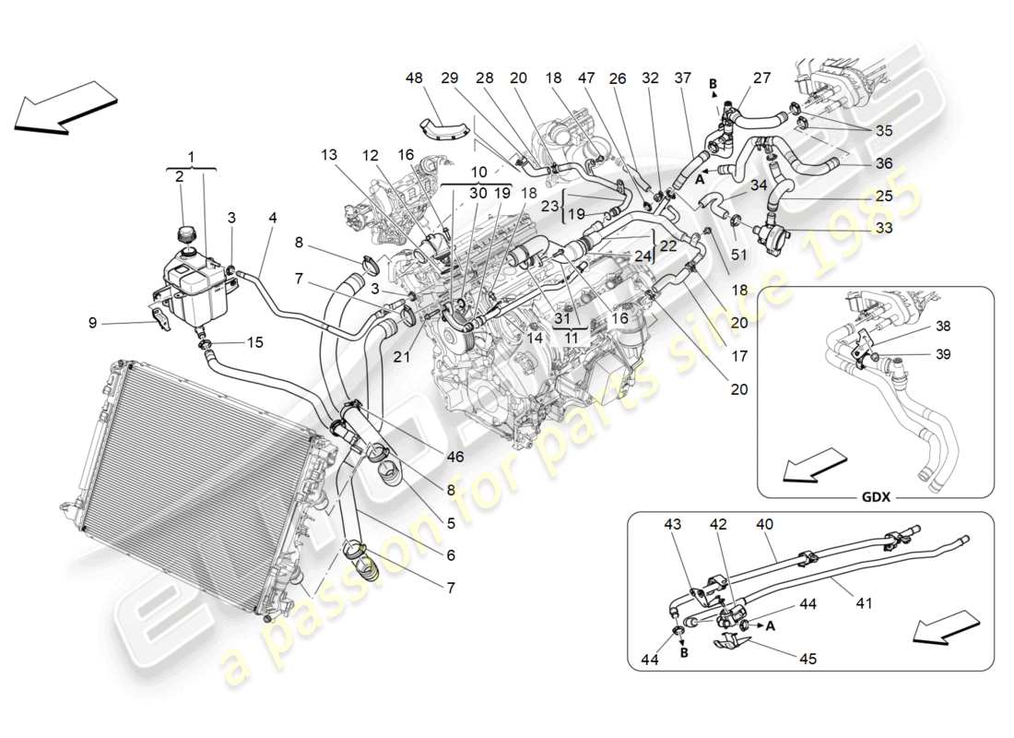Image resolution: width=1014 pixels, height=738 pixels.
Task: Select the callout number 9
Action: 92,323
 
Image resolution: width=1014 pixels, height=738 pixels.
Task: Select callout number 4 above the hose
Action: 272,219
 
